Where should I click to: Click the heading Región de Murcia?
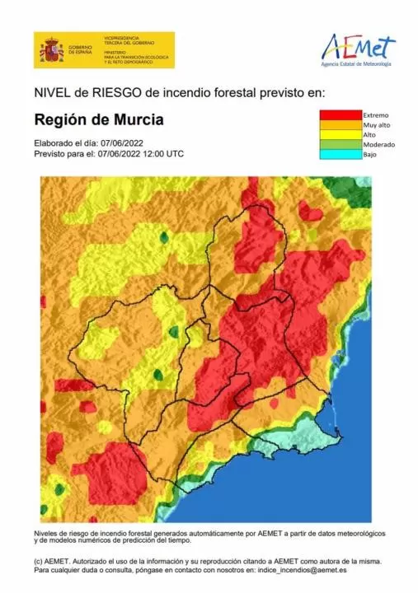(x=98, y=119)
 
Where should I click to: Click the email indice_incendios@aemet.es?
(x=300, y=569)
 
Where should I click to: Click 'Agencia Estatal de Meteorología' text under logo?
(x=357, y=64)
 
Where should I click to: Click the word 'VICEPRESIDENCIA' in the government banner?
(x=124, y=38)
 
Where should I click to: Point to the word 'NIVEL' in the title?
(x=50, y=92)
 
